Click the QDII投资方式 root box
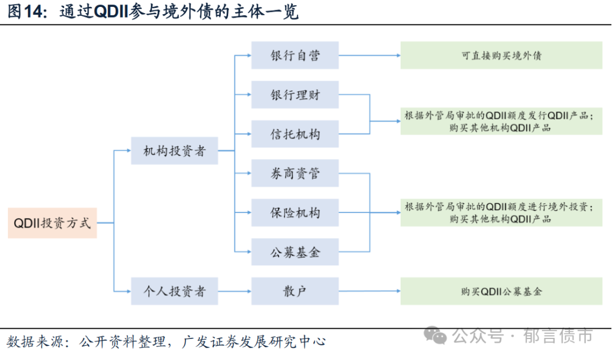click(x=52, y=223)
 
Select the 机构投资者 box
click(x=174, y=151)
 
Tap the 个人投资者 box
click(x=174, y=292)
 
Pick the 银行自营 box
click(x=295, y=55)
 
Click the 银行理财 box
click(x=295, y=95)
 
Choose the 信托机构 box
click(x=295, y=134)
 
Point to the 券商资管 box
click(x=295, y=173)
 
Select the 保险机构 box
click(x=295, y=212)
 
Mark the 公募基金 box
click(x=295, y=252)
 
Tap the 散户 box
click(x=295, y=292)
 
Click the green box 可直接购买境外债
click(x=501, y=56)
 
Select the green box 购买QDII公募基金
click(x=501, y=291)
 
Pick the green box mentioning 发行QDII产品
click(x=501, y=121)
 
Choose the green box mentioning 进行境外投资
click(x=501, y=212)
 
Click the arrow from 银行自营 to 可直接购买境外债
click(x=369, y=56)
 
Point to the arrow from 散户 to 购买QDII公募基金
click(x=369, y=292)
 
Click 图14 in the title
click(x=26, y=12)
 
